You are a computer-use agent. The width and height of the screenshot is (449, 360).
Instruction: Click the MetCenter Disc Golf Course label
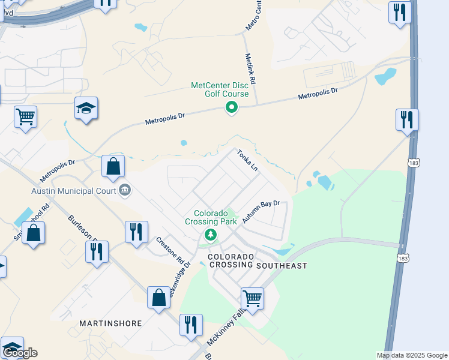point(220,89)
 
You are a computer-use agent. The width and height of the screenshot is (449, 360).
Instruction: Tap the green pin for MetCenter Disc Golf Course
point(231,108)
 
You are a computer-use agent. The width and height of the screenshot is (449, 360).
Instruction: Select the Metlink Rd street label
point(251,69)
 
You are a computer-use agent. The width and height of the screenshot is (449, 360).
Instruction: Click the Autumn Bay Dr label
point(262,212)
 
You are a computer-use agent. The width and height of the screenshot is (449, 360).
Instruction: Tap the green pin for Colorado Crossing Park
point(210,234)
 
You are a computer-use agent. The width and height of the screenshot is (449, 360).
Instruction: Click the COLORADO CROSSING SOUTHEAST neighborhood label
point(257,261)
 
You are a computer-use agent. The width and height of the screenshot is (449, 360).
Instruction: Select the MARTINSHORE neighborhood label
point(110,323)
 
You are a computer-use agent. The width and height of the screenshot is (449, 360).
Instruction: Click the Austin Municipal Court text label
point(74,191)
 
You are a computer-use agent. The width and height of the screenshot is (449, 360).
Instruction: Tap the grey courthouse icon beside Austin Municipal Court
point(125,191)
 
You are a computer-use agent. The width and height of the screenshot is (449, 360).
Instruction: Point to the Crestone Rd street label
point(169,250)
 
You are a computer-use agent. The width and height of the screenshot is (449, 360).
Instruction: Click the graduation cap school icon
point(86,109)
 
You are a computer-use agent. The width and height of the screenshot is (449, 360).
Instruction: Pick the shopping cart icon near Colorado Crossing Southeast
point(252,298)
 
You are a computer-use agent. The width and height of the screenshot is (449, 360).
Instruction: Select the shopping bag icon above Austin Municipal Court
point(113,166)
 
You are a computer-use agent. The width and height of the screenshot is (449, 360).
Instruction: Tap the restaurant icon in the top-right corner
point(399,13)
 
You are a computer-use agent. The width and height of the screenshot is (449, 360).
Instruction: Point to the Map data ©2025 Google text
point(412,355)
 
